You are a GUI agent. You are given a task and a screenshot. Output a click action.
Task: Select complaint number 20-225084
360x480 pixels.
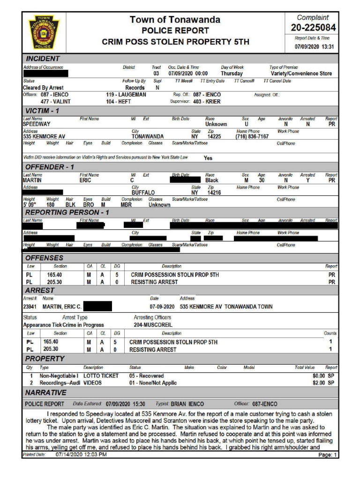point(313,28)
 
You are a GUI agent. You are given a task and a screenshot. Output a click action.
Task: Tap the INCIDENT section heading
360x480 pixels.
point(43,59)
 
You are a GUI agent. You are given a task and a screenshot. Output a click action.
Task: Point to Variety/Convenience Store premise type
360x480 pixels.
point(301,74)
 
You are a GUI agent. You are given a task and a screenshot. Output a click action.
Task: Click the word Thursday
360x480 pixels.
point(232,74)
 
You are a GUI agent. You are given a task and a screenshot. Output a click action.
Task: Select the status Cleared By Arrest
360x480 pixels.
point(43,88)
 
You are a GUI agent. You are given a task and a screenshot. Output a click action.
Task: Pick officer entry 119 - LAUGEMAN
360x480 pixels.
point(126,95)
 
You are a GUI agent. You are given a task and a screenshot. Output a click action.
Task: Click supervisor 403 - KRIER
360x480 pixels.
point(207,101)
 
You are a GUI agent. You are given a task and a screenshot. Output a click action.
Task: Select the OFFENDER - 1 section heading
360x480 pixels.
point(50,167)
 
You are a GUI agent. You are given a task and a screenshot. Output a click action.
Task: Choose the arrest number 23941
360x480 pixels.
point(30,307)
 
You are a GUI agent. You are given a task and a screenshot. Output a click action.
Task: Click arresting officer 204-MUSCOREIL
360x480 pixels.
point(153,324)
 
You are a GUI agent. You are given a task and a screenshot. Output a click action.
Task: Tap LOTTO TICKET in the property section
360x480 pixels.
point(101,376)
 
